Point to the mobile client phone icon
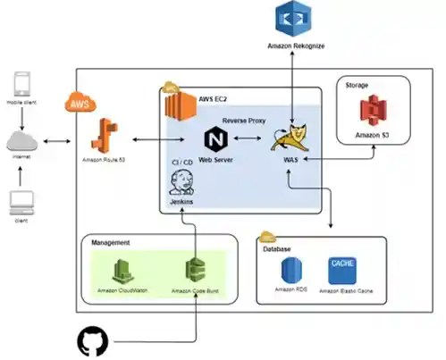pos(24,87)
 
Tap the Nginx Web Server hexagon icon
pos(215,140)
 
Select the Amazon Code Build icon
pos(196,270)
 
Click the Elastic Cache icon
pos(342,267)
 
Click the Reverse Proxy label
pos(244,119)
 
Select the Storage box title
pos(358,86)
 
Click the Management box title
pos(112,242)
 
